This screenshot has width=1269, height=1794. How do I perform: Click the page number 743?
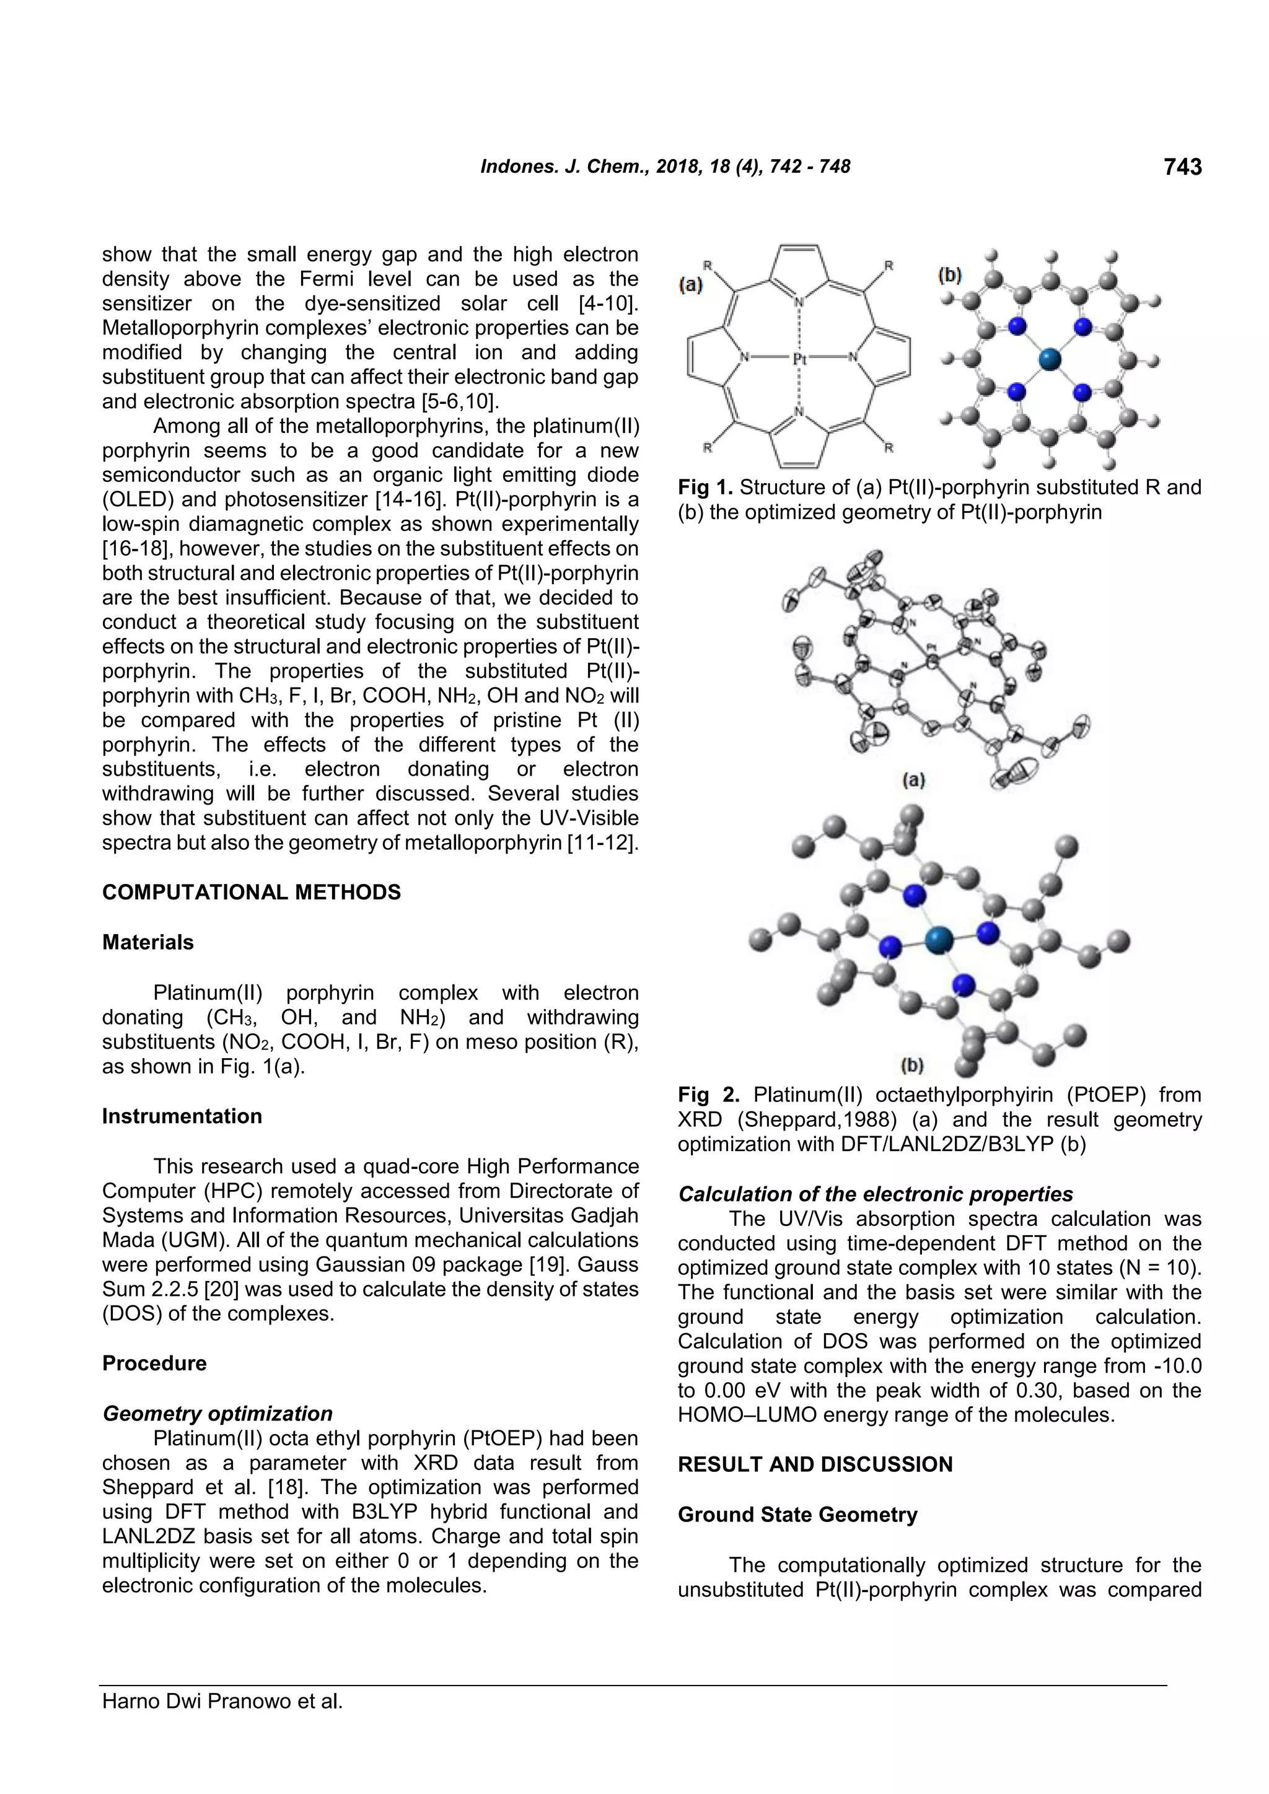point(1182,167)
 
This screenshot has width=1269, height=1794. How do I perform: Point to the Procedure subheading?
point(155,1363)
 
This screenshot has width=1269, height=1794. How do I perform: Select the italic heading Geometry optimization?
point(217,1414)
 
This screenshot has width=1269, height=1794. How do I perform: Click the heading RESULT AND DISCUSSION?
point(815,1464)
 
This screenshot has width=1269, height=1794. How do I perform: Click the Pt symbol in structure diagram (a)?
point(799,359)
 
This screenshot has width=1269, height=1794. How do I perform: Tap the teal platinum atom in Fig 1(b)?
point(1050,359)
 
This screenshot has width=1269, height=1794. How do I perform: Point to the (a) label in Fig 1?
point(690,285)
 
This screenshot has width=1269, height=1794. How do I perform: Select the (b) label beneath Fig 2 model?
point(912,1064)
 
